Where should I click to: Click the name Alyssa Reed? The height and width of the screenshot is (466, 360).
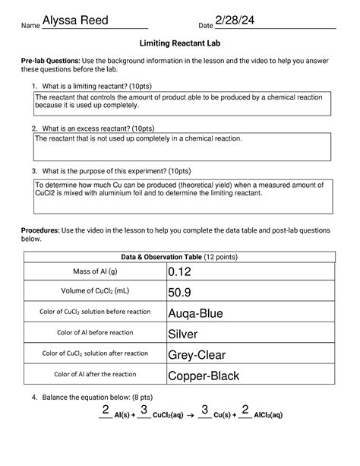pyautogui.click(x=75, y=20)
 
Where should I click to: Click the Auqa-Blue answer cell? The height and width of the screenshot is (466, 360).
pyautogui.click(x=195, y=313)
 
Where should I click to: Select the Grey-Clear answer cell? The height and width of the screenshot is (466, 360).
pyautogui.click(x=197, y=354)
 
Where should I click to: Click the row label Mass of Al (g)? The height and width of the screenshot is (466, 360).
pyautogui.click(x=96, y=271)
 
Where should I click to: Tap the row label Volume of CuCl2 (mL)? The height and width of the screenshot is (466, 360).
pyautogui.click(x=96, y=292)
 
